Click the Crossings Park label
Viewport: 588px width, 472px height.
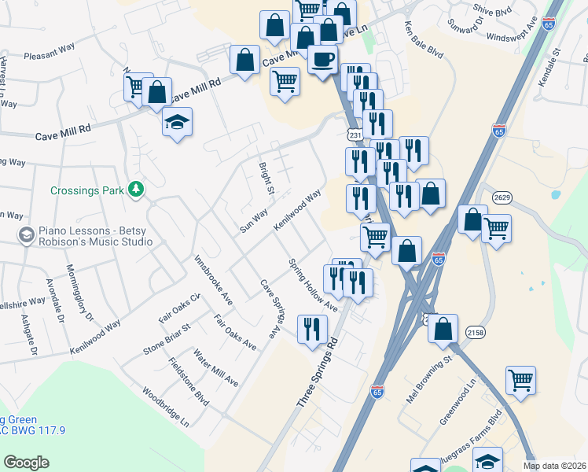coord(89,190)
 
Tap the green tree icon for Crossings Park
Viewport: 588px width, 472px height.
coord(137,190)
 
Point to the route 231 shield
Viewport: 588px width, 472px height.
coord(355,136)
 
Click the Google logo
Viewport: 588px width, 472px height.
coord(26,462)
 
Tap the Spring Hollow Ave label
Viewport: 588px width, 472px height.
coord(312,285)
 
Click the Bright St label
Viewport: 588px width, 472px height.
coord(266,179)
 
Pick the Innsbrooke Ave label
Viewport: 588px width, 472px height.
coord(212,279)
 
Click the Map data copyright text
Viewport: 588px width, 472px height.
coord(554,466)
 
